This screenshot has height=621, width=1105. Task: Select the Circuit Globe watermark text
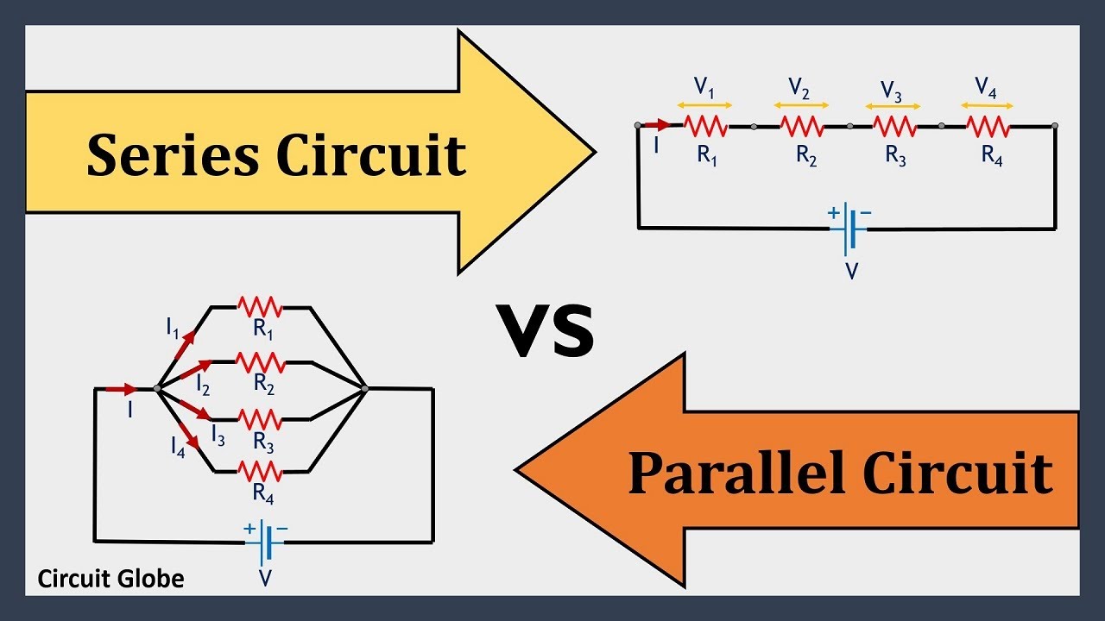pyautogui.click(x=110, y=578)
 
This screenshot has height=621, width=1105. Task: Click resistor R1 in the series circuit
pyautogui.click(x=706, y=127)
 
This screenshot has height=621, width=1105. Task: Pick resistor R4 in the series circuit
pyautogui.click(x=988, y=127)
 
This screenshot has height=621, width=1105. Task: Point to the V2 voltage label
pyautogui.click(x=799, y=87)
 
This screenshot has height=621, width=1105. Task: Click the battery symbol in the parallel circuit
pyautogui.click(x=265, y=543)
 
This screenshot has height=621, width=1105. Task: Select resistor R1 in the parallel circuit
pyautogui.click(x=260, y=306)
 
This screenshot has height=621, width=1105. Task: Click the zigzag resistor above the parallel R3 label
pyautogui.click(x=260, y=419)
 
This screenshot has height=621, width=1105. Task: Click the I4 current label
pyautogui.click(x=177, y=447)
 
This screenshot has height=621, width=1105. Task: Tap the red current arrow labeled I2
pyautogui.click(x=192, y=371)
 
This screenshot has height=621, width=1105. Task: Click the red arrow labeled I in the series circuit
pyautogui.click(x=657, y=126)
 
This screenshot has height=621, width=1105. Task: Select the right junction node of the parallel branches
pyautogui.click(x=365, y=389)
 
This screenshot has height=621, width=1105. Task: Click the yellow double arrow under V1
pyautogui.click(x=706, y=105)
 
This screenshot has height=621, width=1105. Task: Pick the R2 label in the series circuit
pyautogui.click(x=806, y=157)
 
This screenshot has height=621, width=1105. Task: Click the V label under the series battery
pyautogui.click(x=851, y=272)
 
